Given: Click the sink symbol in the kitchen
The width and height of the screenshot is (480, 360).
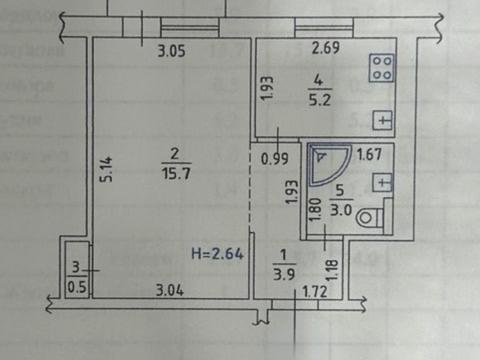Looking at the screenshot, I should click(381, 119).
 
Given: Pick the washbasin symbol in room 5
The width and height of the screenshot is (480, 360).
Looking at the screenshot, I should click(380, 182).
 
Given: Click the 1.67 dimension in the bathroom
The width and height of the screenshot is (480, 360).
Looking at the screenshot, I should click(369, 154).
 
